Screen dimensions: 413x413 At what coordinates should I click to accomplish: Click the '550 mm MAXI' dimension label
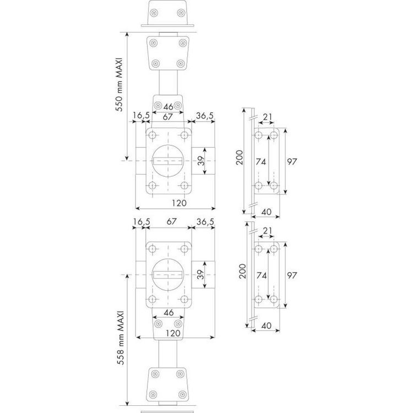120,84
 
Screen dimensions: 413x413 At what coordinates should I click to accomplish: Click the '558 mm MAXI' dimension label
121,338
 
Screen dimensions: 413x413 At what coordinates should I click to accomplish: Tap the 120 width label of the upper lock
179,203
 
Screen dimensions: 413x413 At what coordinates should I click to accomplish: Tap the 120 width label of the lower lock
173,333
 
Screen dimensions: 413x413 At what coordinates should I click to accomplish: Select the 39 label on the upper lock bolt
200,161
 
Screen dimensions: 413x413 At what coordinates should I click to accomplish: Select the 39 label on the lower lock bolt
200,275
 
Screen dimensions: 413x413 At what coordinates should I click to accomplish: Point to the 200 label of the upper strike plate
239,157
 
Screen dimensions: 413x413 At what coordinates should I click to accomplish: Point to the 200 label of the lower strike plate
242,271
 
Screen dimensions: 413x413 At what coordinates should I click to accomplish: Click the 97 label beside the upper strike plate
292,161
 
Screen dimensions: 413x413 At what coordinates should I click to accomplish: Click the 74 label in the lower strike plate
261,275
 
